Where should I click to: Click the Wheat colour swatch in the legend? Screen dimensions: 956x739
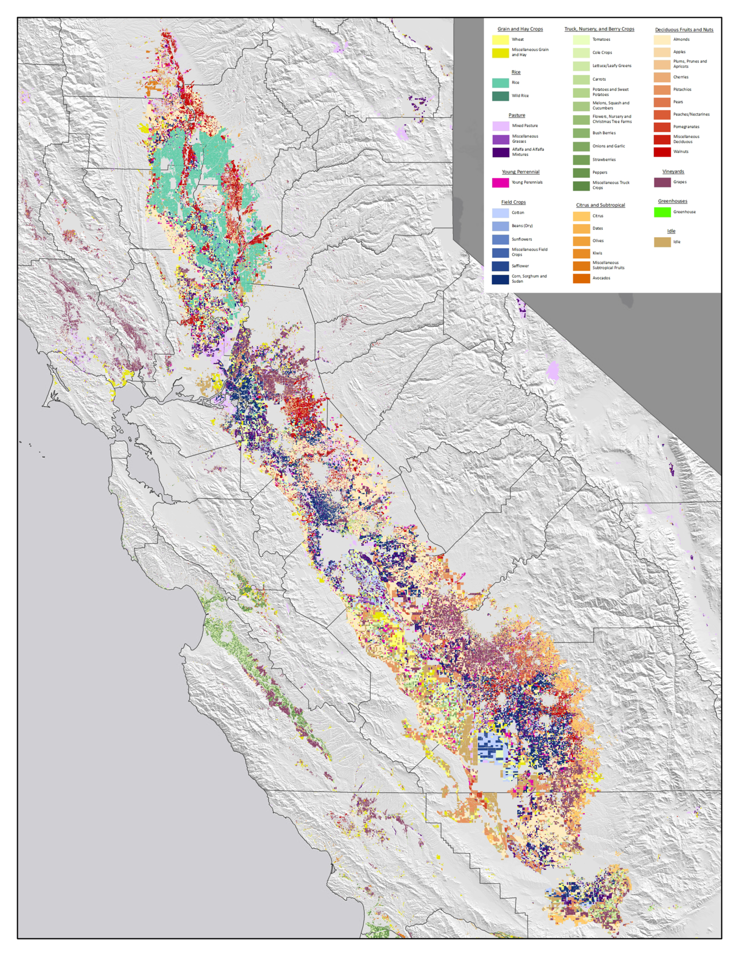click(500, 40)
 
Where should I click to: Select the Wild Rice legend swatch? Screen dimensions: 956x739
click(500, 96)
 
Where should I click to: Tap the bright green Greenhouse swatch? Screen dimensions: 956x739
click(662, 212)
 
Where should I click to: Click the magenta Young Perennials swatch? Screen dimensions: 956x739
click(500, 182)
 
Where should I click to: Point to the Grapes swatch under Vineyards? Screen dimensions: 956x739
click(662, 182)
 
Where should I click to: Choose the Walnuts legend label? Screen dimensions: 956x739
click(680, 152)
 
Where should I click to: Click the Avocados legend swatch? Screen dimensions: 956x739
click(581, 278)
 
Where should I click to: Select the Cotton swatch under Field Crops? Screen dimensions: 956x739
click(500, 213)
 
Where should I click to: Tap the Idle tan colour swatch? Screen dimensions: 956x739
click(662, 242)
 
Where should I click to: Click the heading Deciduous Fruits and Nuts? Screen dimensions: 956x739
click(684, 30)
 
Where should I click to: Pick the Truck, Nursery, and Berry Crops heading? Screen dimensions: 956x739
click(599, 29)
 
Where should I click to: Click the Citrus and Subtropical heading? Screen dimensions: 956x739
click(600, 205)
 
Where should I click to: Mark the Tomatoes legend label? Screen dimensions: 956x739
click(601, 40)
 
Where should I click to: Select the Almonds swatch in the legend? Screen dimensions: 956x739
click(662, 40)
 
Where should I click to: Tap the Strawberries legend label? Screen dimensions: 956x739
click(603, 160)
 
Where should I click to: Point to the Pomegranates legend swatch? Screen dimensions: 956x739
click(662, 127)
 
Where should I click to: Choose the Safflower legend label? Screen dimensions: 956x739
click(520, 266)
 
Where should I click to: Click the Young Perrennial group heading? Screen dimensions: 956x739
click(520, 172)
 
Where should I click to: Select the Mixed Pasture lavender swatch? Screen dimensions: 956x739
click(500, 126)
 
